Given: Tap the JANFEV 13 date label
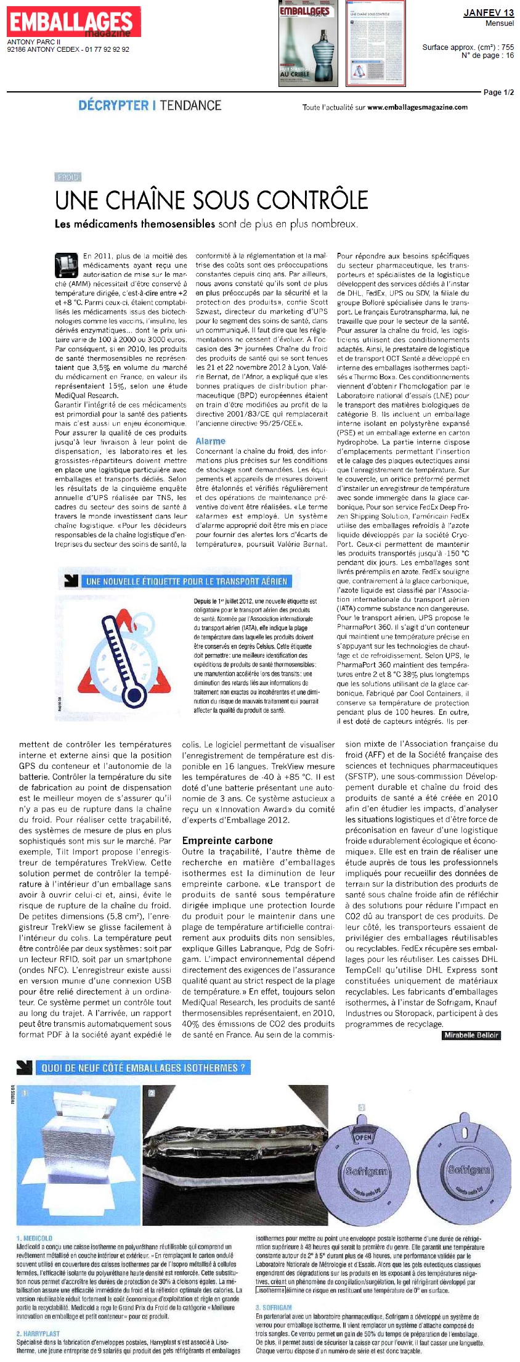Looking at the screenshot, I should click(x=488, y=13).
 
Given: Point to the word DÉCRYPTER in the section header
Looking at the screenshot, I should click(x=113, y=105).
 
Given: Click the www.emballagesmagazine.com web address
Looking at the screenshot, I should click(x=417, y=107).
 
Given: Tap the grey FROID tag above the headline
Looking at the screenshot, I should click(x=68, y=177).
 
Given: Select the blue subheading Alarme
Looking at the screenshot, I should click(x=210, y=441).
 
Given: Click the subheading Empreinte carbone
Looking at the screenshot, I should click(x=227, y=840).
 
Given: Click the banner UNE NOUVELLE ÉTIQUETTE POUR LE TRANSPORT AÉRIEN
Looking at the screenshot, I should click(x=186, y=581).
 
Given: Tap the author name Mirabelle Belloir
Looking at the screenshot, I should click(x=471, y=1035).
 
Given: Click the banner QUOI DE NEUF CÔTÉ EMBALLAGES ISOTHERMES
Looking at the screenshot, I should click(x=143, y=1067).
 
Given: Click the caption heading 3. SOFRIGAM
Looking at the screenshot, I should click(x=274, y=1307).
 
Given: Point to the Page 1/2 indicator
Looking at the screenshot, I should click(x=498, y=92).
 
